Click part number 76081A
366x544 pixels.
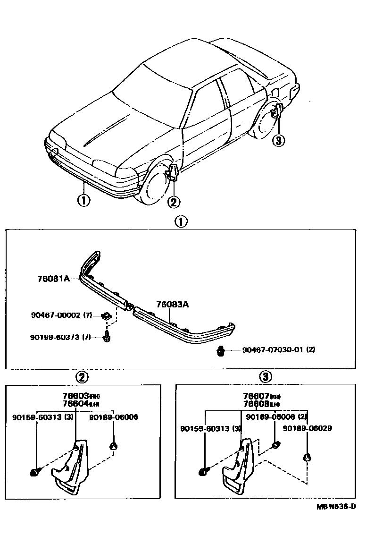[x=53, y=279]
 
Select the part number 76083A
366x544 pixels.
[x=173, y=305]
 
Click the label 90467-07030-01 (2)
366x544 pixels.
[x=279, y=350]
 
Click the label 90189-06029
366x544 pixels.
[x=307, y=428]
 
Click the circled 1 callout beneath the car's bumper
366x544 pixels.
[x=83, y=201]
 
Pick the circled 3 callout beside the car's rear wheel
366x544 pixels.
[x=279, y=140]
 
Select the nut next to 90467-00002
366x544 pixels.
[x=107, y=315]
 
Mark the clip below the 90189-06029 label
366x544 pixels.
[x=307, y=457]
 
